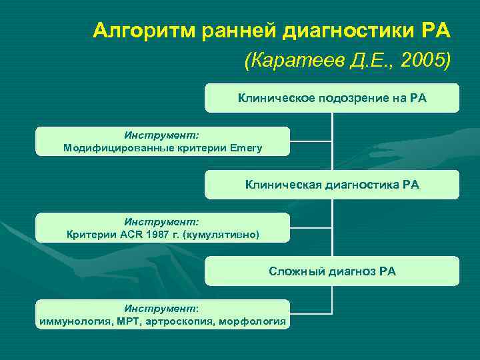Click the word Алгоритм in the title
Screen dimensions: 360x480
(135, 30)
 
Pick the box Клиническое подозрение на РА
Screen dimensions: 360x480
(332, 98)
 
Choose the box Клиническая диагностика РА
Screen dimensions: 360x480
(332, 185)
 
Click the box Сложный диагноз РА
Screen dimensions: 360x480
(332, 271)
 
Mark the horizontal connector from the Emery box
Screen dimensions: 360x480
(311, 141)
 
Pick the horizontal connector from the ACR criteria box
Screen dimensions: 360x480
(311, 227)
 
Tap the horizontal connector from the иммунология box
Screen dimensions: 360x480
(311, 313)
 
